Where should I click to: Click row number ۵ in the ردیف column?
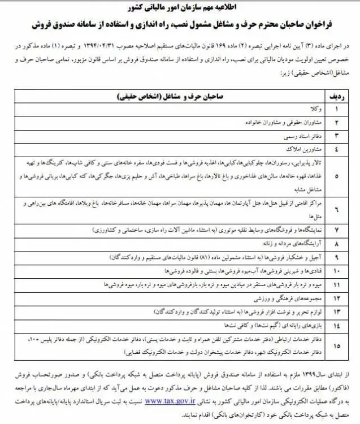[x=337, y=176]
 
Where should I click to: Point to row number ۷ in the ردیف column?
[x=337, y=230]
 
